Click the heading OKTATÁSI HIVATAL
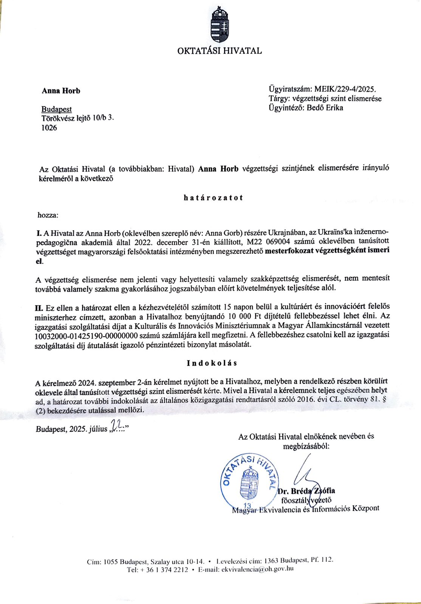tap(219, 51)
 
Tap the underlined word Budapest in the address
tap(57, 109)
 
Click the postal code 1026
tap(49, 128)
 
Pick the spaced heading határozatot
tap(213, 197)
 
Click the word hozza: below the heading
tap(48, 215)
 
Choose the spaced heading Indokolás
tap(212, 363)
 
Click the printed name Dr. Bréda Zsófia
tap(306, 491)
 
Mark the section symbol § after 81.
tap(384, 399)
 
